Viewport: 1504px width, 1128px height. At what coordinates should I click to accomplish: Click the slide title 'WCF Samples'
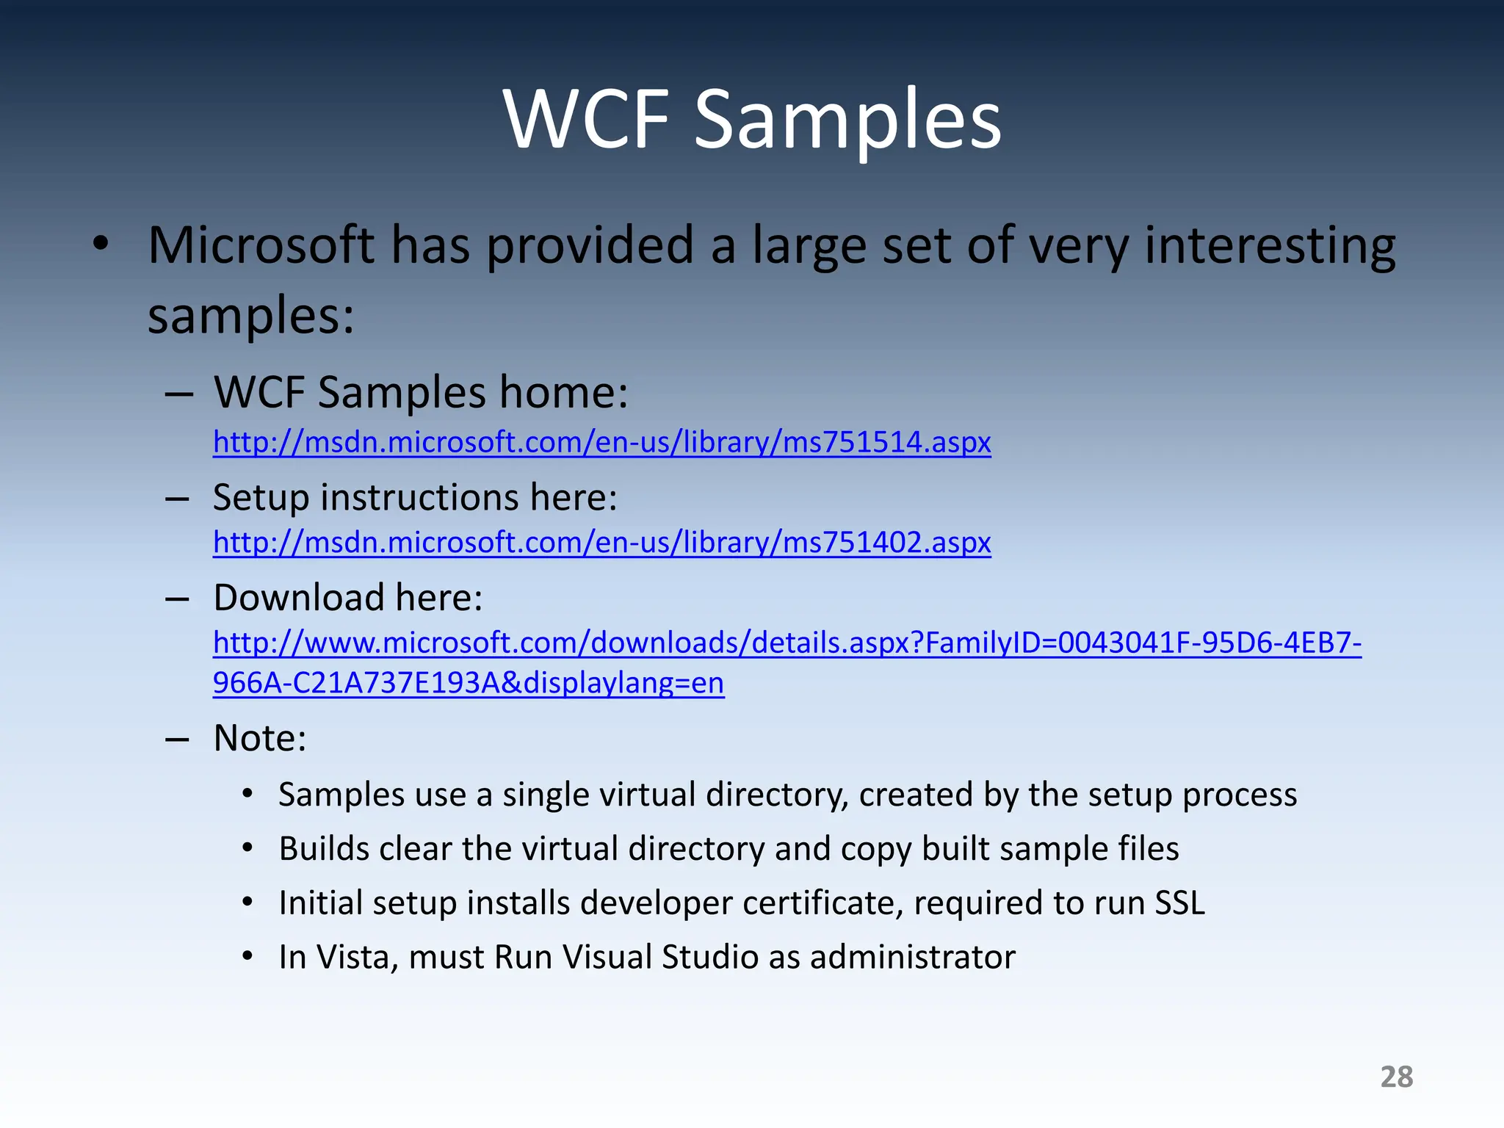tap(752, 119)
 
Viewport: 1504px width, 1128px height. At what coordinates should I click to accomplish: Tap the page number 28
tap(1396, 1077)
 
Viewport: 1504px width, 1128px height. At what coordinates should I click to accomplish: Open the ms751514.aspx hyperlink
tap(601, 442)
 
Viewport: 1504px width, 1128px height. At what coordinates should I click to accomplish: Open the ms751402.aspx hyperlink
tap(601, 543)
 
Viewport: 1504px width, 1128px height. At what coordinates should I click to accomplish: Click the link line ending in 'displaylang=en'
tap(468, 683)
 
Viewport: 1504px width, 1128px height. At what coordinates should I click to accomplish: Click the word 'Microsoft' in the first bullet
tap(261, 245)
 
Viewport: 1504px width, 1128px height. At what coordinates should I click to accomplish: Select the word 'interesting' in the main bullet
tap(1270, 245)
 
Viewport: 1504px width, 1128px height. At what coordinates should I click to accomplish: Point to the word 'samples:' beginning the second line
tap(250, 316)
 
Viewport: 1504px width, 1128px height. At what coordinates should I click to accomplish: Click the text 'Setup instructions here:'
tap(415, 497)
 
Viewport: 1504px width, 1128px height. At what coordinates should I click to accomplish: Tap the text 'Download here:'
tap(347, 597)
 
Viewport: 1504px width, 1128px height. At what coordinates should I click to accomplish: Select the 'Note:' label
tap(259, 738)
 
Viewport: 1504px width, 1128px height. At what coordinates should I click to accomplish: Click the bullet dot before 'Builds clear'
tap(248, 848)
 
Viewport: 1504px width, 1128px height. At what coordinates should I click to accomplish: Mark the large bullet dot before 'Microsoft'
tap(101, 244)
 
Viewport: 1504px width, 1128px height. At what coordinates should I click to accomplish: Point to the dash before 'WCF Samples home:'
tap(178, 394)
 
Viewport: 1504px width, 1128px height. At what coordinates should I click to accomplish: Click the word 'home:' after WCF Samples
tap(563, 392)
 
